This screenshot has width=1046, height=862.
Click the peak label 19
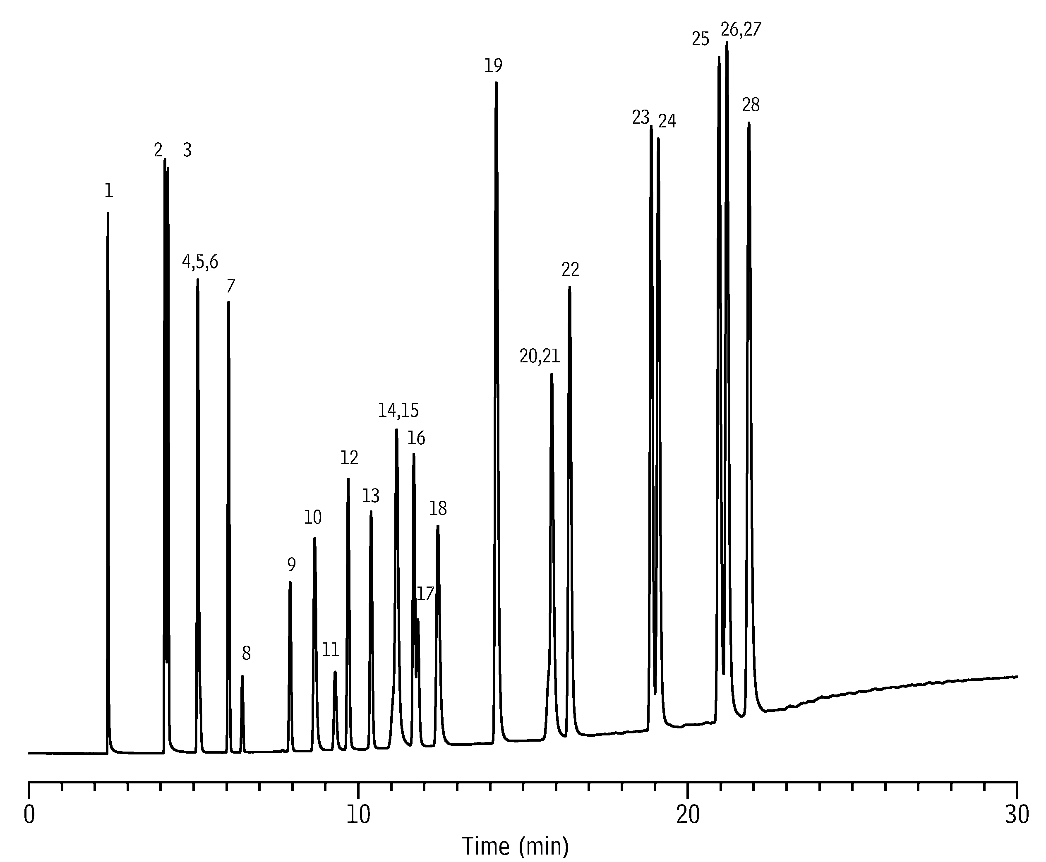[493, 65]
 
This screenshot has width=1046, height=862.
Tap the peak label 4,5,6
[200, 262]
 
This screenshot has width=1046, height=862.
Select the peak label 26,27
[741, 30]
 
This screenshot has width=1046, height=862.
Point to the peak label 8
[246, 654]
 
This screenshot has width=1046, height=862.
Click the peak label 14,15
[398, 410]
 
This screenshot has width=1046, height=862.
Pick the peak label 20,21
[540, 356]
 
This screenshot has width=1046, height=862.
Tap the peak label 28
[751, 105]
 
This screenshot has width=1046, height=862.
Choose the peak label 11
[330, 649]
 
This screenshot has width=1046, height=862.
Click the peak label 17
[425, 594]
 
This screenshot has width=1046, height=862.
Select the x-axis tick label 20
[688, 815]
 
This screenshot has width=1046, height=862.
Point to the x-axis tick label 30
[1017, 815]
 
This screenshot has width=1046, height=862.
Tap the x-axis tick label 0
[29, 815]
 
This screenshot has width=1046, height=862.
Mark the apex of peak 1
[108, 213]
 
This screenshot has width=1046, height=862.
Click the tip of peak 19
[496, 82]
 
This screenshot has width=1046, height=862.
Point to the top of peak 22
[569, 287]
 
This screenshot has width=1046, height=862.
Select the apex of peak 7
[228, 302]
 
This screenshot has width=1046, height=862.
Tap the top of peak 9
[290, 582]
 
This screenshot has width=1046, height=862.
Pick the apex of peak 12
[348, 479]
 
